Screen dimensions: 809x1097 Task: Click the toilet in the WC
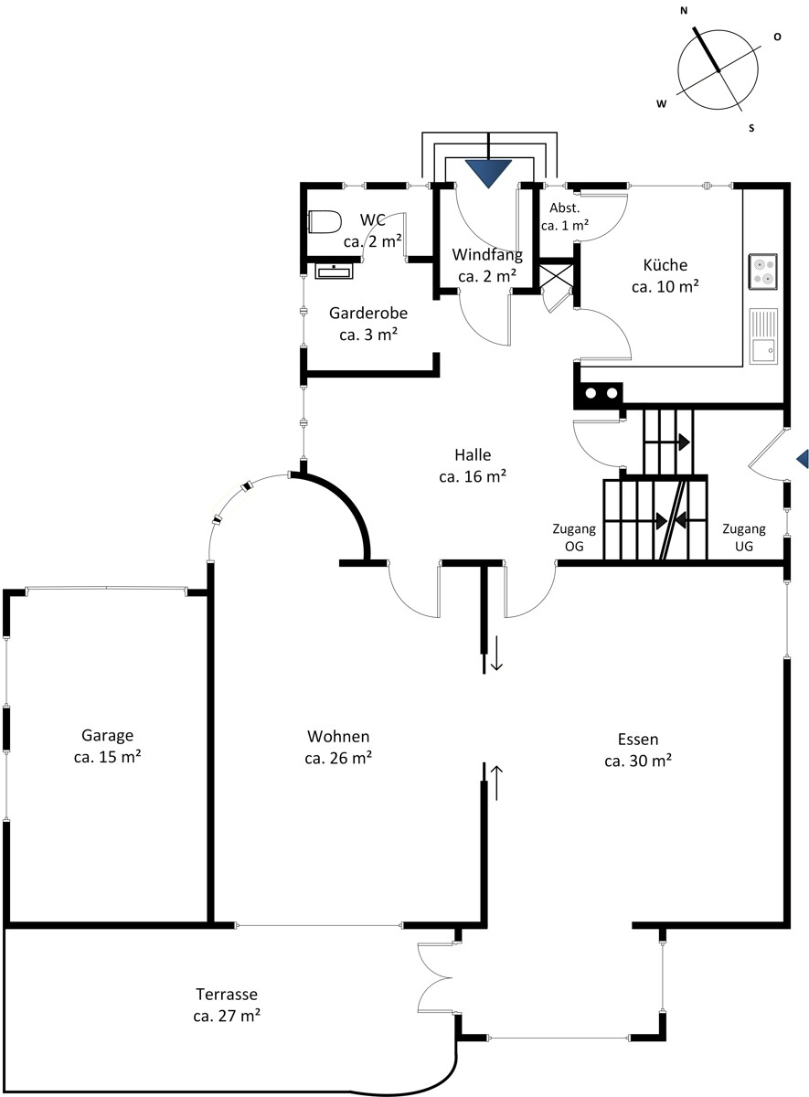point(325,222)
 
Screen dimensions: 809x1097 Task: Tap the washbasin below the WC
point(334,271)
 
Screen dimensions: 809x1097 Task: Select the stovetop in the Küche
point(763,272)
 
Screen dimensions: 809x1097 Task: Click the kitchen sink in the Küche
point(763,336)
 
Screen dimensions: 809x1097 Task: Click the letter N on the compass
point(684,11)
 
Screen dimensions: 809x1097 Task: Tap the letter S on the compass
point(751,128)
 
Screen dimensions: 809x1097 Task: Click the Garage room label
point(107,746)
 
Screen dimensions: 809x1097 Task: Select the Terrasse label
point(227,1005)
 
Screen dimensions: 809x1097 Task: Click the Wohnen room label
point(338,747)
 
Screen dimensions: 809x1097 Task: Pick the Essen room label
point(638,750)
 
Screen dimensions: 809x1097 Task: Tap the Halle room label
point(473,465)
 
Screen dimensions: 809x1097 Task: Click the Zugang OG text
point(574,538)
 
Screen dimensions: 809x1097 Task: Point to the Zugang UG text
point(744,538)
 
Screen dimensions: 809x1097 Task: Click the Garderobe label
point(368,324)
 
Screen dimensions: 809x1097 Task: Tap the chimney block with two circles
point(599,393)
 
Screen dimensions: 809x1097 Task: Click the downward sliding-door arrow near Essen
point(496,653)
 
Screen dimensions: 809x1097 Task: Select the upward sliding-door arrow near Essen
point(496,783)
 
